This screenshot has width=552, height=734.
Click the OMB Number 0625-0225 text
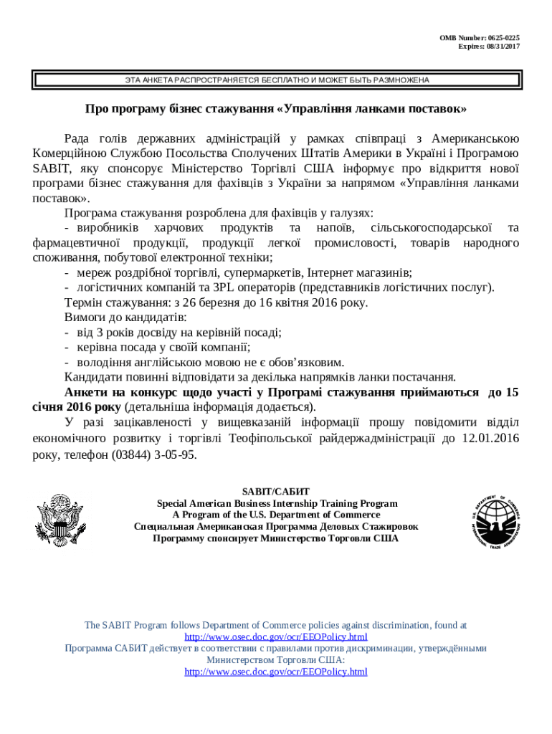click(x=480, y=37)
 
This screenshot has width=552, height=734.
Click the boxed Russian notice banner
click(x=276, y=80)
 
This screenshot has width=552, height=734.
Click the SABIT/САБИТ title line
click(x=276, y=492)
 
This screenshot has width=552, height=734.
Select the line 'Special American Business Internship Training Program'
click(x=276, y=503)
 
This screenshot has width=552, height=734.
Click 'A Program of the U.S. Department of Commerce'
click(x=276, y=515)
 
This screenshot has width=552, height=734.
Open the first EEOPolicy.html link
click(x=276, y=637)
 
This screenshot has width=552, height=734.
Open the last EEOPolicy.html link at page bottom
click(x=276, y=672)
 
